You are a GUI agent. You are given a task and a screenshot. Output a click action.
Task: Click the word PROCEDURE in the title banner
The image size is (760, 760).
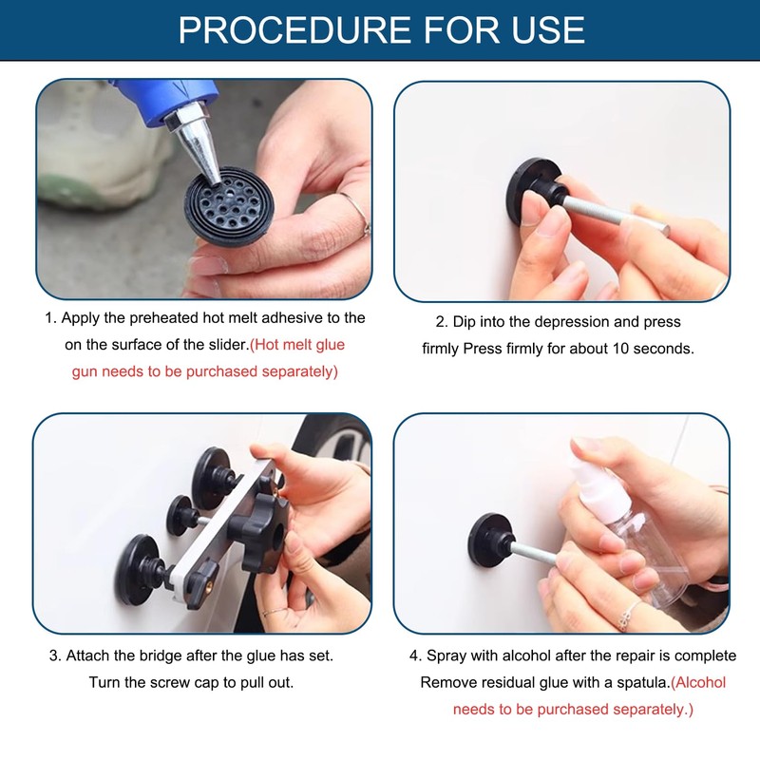295,29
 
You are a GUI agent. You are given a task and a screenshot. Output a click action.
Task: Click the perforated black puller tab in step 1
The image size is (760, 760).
229,206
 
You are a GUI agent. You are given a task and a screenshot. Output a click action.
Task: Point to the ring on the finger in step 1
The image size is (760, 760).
357,212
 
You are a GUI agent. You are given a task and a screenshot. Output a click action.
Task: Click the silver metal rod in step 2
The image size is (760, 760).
616,214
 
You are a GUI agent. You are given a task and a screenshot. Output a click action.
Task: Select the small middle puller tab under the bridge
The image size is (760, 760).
180,516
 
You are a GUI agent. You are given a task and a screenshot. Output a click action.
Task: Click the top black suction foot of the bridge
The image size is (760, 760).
212,478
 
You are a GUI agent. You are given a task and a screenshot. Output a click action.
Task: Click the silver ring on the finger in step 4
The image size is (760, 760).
628,617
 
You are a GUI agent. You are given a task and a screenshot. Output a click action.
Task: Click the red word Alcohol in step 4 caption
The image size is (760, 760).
701,682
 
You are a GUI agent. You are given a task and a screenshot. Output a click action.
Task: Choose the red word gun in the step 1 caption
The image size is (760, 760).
85,372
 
